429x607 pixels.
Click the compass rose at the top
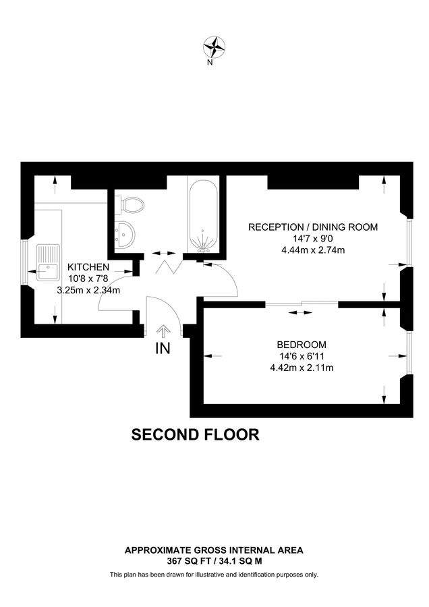point(214,47)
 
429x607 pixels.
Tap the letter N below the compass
point(210,63)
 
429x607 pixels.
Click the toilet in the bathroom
point(130,204)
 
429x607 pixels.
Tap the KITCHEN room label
point(88,267)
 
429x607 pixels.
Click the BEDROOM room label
point(301,344)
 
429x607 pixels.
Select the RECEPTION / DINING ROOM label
point(313,227)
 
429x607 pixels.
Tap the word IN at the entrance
point(163,348)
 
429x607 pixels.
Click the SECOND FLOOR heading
point(195,434)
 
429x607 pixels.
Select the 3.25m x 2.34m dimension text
point(88,291)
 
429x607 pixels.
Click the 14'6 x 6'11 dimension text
point(301,356)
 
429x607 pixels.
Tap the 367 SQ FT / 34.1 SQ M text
point(214,560)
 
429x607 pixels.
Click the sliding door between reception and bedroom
point(302,304)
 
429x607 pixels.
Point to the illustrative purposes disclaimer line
point(214,575)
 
